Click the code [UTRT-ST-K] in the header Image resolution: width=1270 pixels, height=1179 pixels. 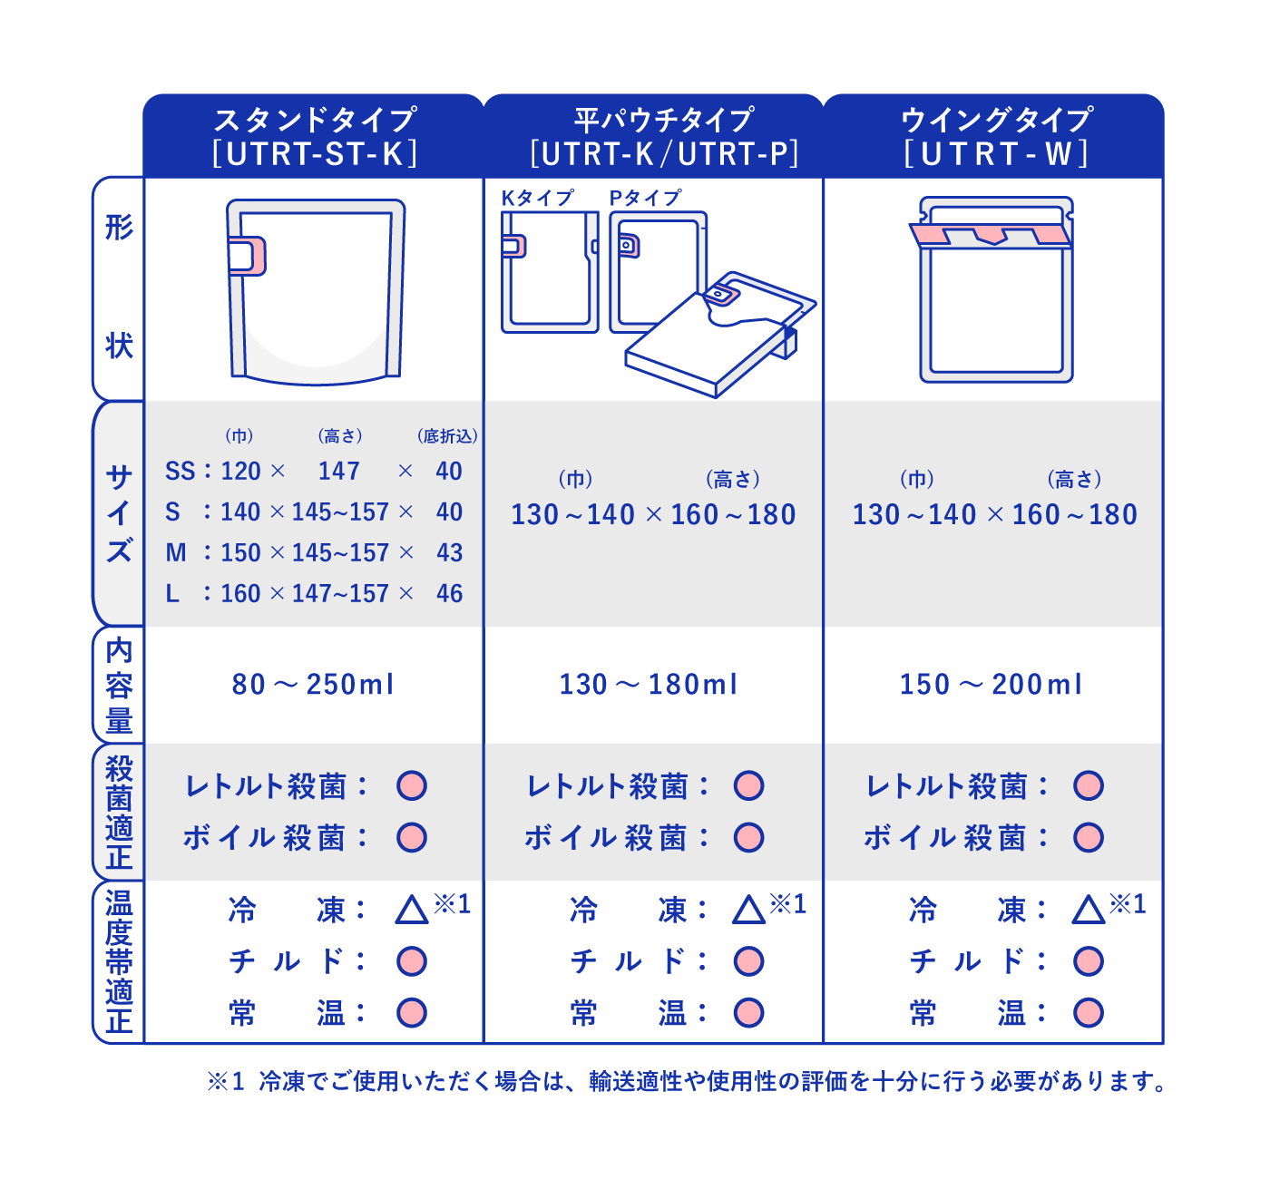tap(315, 154)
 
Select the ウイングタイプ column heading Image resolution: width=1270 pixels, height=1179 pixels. tap(996, 120)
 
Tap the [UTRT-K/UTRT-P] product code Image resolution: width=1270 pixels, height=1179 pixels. tap(664, 154)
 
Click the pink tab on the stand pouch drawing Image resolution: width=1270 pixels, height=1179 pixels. tap(248, 256)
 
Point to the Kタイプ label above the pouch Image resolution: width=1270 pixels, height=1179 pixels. tap(537, 199)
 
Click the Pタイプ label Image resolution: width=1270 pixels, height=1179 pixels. tap(645, 199)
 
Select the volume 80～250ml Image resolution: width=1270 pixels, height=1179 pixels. tap(313, 684)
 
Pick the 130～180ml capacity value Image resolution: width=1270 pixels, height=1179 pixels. tap(649, 684)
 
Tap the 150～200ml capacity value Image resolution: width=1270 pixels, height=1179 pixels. tap(991, 684)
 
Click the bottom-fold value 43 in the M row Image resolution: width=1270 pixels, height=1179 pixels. tap(450, 552)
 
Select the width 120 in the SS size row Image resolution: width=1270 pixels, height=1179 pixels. tap(240, 472)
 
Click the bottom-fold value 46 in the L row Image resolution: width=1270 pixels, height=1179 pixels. tap(450, 593)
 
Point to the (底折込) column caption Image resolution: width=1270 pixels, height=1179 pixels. tap(447, 436)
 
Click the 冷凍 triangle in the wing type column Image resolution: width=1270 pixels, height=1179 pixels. tap(1089, 910)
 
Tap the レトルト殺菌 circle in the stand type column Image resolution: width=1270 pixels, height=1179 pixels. tap(412, 785)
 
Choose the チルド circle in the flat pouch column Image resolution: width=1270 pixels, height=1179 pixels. tap(748, 961)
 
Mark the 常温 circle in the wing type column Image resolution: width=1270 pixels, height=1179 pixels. tap(1089, 1013)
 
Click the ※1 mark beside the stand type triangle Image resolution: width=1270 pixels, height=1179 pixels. tap(453, 903)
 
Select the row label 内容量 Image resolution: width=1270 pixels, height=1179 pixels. tap(119, 685)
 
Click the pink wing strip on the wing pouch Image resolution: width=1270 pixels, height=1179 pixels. tap(991, 235)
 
